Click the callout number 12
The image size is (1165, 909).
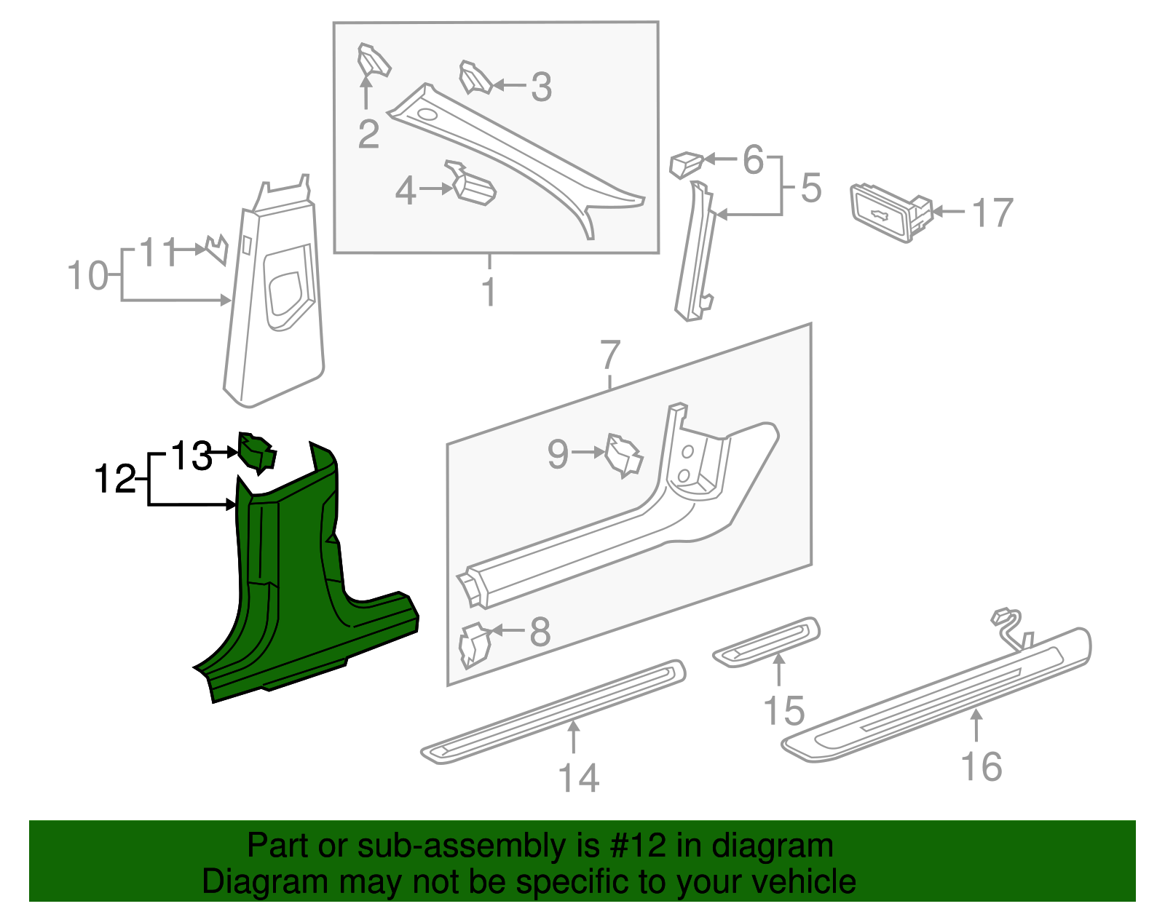pos(115,480)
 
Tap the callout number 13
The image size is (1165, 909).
pos(191,456)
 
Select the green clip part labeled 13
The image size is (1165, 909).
pos(256,452)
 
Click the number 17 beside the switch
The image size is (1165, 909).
pos(992,213)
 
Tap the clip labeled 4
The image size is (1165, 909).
pos(473,185)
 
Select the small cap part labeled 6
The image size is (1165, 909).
pos(685,164)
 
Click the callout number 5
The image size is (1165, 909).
pos(811,188)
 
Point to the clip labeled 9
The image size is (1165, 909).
pos(624,456)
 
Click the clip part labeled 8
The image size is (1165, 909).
pos(474,643)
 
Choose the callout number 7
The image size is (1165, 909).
pos(610,355)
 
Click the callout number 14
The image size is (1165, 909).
pos(579,778)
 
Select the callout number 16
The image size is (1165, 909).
pos(982,767)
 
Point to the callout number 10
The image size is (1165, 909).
pos(87,277)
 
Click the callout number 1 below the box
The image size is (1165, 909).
pos(489,292)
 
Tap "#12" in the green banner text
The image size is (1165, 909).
pos(633,846)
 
